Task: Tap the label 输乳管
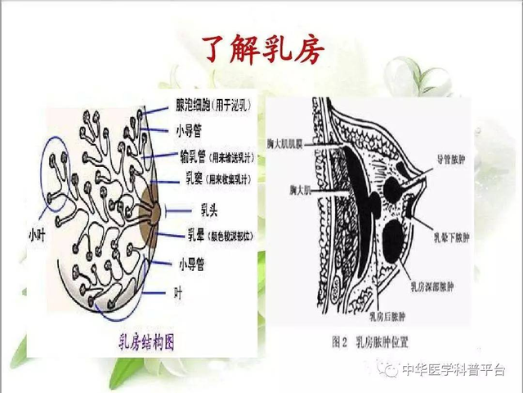pyautogui.click(x=191, y=156)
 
